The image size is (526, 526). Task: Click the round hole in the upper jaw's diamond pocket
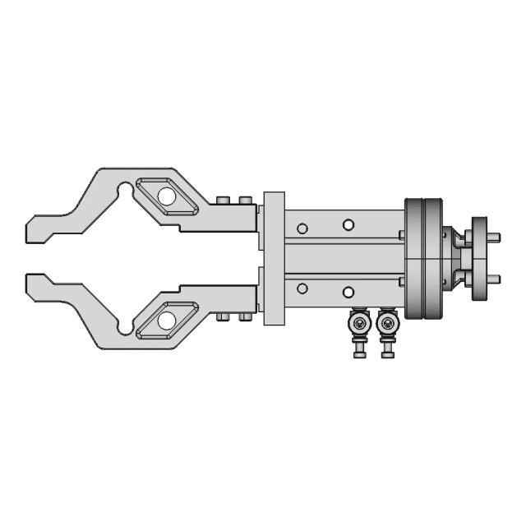click(x=167, y=196)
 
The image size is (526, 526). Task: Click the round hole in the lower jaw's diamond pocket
click(x=167, y=317)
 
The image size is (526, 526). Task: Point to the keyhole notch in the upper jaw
click(x=125, y=191)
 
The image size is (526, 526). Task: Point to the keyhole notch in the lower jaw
click(x=125, y=326)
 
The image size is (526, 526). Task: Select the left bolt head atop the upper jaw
click(x=224, y=200)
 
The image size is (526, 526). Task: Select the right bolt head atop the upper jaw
click(x=244, y=200)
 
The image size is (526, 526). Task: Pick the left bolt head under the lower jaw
click(x=224, y=318)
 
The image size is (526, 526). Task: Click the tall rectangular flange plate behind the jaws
click(x=274, y=258)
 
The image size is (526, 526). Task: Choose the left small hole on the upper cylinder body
click(x=302, y=228)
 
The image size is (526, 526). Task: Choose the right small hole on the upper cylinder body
click(x=348, y=224)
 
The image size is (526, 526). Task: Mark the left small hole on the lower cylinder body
click(x=302, y=288)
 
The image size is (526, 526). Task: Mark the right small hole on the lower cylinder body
click(x=348, y=293)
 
